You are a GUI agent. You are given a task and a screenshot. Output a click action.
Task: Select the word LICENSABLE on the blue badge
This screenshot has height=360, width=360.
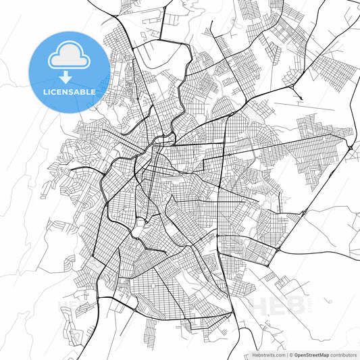point(69,91)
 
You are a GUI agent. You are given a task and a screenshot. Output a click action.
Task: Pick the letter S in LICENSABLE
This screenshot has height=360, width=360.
point(73,91)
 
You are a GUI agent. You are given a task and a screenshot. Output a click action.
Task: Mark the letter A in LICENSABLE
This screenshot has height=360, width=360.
point(79,91)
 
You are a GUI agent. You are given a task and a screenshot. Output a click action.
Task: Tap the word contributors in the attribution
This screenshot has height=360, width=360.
point(344,354)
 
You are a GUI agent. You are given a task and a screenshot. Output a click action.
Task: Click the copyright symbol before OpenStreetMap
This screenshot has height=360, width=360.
point(290,354)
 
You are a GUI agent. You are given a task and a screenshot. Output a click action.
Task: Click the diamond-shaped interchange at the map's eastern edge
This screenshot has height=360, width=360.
point(350,146)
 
